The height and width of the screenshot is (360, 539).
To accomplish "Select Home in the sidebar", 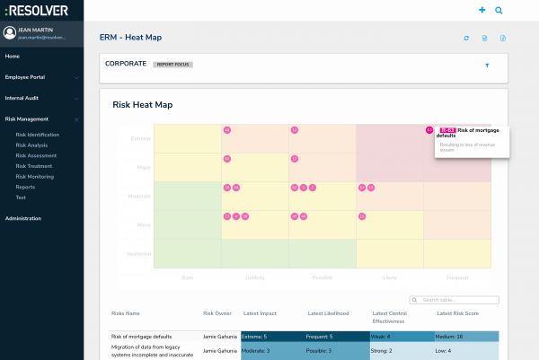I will coord(12,57).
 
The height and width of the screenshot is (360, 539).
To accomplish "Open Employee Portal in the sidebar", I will coord(25,77).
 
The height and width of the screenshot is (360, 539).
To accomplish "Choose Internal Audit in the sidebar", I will coord(22,98).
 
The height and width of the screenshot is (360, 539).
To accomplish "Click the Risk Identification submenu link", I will coord(38,135).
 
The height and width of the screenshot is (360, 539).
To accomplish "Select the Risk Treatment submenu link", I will coord(34,165).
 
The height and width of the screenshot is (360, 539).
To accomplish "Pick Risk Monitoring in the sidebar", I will coord(35,176).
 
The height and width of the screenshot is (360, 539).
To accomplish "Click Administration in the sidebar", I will coord(23,218).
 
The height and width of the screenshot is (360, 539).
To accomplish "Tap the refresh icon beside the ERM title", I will coord(466,39).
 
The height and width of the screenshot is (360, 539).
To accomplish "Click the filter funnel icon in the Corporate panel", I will coord(487,66).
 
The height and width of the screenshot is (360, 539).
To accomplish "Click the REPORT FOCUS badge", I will coord(172,65).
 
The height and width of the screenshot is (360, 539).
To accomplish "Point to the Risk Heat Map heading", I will coord(142,105).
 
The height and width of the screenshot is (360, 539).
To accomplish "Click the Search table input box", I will coord(454,300).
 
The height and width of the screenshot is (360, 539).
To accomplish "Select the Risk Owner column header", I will coord(217,314).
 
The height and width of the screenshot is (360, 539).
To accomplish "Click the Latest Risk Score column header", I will coord(458,314).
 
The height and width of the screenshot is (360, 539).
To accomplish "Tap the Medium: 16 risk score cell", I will coord(467,336).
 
